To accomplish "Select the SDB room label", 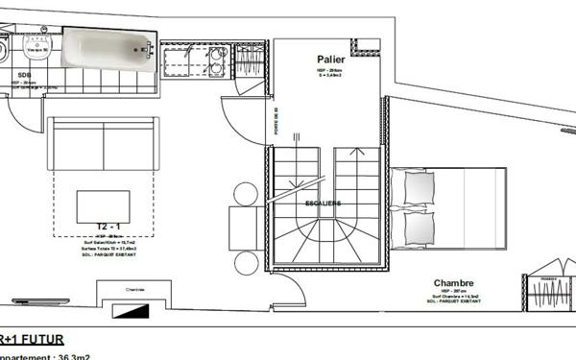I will click(x=22, y=73).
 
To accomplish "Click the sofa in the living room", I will click(x=103, y=143).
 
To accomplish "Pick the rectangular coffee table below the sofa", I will click(x=103, y=205).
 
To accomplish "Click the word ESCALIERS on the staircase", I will click(x=322, y=204).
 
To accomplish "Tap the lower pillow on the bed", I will click(x=419, y=228).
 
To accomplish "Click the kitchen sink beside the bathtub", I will click(x=179, y=63).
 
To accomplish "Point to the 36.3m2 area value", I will click(x=71, y=355).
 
